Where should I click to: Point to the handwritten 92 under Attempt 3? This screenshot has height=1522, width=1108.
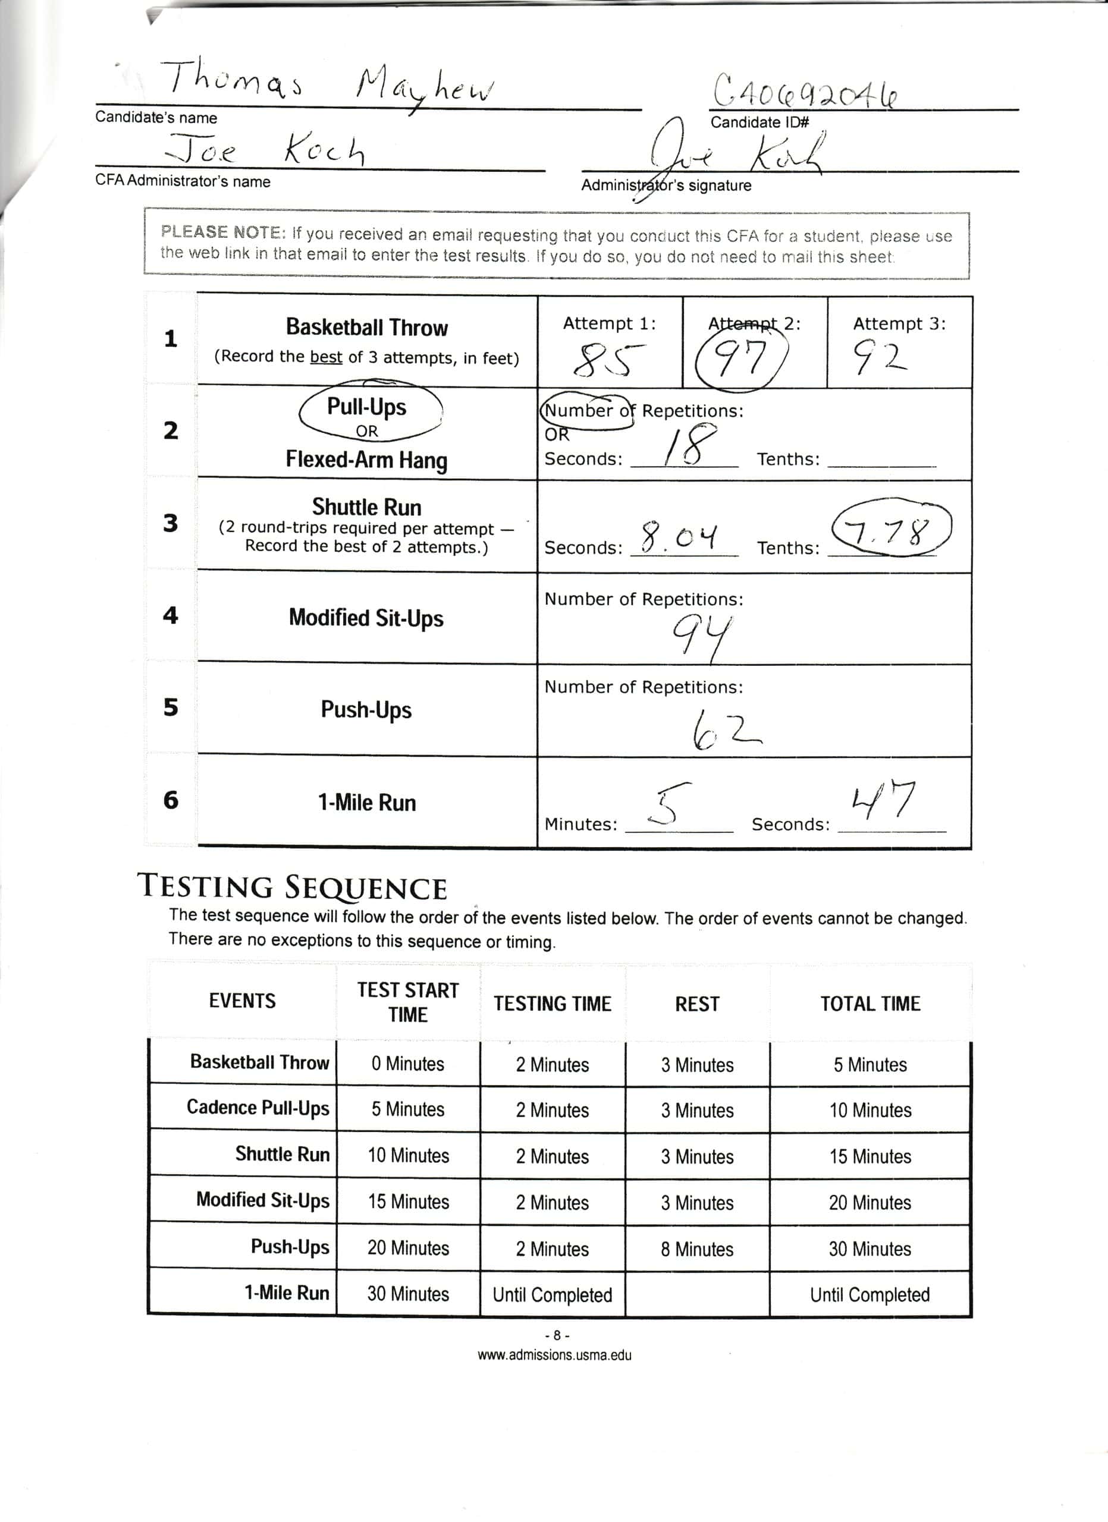tap(879, 358)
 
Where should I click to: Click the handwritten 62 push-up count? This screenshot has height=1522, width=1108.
tap(725, 730)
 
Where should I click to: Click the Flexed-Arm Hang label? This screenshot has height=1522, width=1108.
tap(366, 460)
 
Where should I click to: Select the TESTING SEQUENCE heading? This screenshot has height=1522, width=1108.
tap(292, 887)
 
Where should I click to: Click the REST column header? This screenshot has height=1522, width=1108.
tap(696, 1004)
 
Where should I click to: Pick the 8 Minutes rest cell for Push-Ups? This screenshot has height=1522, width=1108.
tap(696, 1249)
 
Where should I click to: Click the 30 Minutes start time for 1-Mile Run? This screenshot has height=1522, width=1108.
tap(408, 1294)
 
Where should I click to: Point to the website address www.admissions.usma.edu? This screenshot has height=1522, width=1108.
tap(554, 1354)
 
